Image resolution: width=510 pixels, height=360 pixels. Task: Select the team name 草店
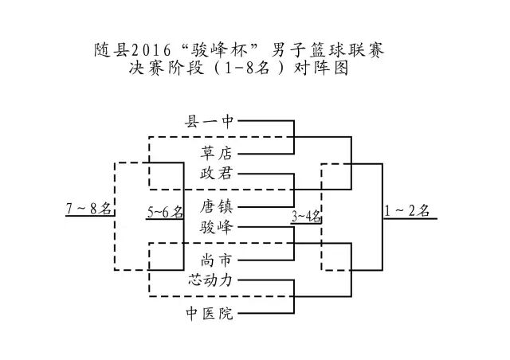[x=217, y=151]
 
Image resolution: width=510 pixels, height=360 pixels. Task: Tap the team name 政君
[x=217, y=172]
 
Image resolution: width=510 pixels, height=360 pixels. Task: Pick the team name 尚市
[x=217, y=259]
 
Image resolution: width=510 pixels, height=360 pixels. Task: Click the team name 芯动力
[x=210, y=280]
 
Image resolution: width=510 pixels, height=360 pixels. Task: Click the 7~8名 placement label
[x=89, y=209]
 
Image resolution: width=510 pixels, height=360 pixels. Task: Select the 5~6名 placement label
[x=165, y=212]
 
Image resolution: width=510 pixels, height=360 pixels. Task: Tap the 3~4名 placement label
[x=306, y=214]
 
